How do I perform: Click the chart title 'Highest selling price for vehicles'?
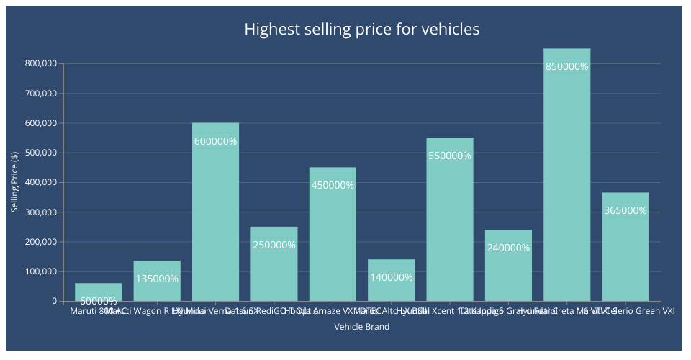(x=361, y=30)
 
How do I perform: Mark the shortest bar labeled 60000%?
(x=98, y=291)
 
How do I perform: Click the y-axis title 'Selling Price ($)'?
(x=14, y=182)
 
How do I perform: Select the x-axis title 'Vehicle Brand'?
(x=362, y=327)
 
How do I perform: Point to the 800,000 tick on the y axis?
(x=40, y=63)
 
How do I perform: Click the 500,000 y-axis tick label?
(x=40, y=153)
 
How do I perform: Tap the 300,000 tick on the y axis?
(x=40, y=212)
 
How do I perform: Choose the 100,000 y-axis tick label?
(x=40, y=271)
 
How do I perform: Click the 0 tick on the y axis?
(x=53, y=301)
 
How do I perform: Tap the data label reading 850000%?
(x=566, y=66)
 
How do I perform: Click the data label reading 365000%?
(x=625, y=211)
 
